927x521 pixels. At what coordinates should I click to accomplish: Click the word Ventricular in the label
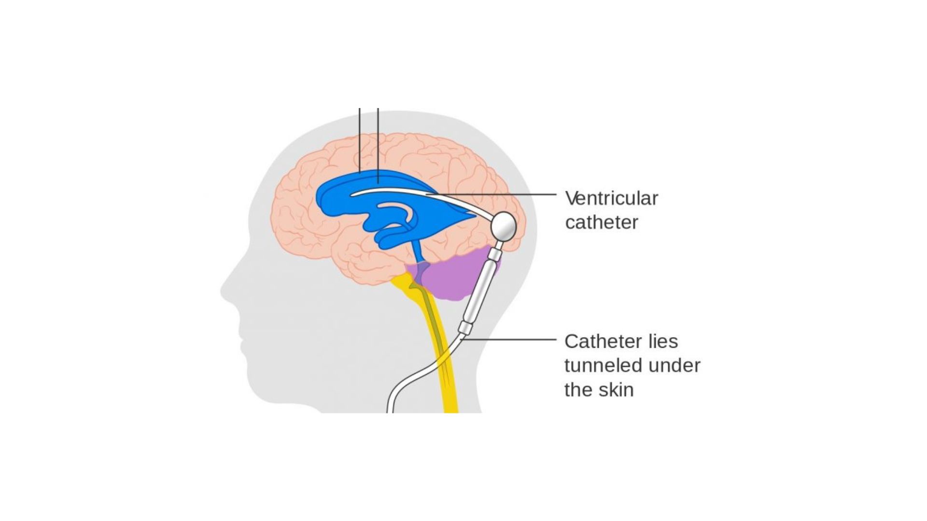[611, 198]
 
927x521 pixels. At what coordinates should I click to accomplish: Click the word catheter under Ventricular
[602, 222]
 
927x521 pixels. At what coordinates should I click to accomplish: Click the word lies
[663, 341]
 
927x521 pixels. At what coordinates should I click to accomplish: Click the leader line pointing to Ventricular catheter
[491, 195]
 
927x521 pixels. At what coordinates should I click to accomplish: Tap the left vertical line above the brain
[360, 140]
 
